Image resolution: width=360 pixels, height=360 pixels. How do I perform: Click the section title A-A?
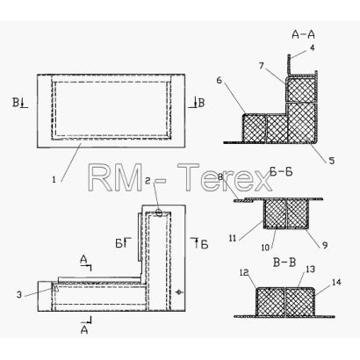303,34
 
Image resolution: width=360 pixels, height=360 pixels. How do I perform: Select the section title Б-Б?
281,172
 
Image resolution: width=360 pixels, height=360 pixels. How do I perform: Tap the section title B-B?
284,263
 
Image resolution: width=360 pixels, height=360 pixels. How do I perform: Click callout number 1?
54,180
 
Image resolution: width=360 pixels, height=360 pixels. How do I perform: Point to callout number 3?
19,294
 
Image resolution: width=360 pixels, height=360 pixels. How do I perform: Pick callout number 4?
313,47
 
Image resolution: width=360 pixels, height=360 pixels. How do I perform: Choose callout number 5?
331,161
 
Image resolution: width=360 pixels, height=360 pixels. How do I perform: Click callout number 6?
220,80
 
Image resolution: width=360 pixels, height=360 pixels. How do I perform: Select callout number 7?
262,66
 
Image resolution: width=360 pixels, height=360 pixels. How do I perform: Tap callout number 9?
325,245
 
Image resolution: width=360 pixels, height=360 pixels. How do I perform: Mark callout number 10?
265,248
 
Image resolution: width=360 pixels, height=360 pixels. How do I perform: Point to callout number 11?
233,239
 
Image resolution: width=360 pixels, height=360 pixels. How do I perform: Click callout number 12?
244,273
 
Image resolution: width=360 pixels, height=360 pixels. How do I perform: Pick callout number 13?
311,269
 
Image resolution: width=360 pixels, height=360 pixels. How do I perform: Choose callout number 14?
336,283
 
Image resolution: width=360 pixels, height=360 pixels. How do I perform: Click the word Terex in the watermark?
225,177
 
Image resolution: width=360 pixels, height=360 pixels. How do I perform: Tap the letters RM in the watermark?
115,177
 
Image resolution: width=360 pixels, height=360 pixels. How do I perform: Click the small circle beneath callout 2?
159,212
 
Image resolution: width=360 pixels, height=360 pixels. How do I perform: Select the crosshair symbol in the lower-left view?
178,292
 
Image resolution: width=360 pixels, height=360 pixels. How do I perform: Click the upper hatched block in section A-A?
302,90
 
